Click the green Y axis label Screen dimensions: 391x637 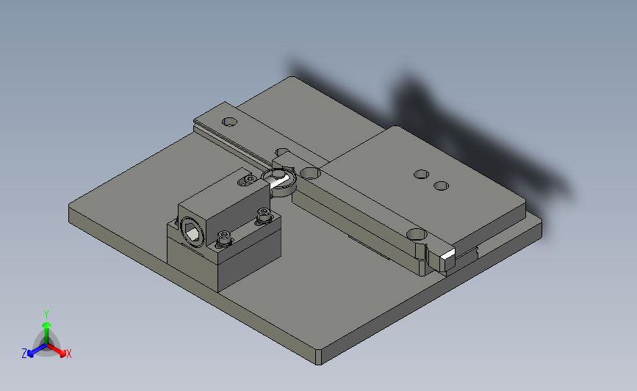(46, 313)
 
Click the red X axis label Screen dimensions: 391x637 (69, 354)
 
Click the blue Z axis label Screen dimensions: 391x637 (24, 354)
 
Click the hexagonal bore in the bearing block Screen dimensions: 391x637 (192, 232)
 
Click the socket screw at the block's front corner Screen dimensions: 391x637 (224, 238)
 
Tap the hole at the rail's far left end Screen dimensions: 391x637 (230, 120)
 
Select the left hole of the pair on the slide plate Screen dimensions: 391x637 (421, 175)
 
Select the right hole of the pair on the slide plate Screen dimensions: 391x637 (441, 186)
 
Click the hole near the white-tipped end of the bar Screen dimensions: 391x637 (417, 234)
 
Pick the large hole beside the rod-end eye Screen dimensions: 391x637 (310, 173)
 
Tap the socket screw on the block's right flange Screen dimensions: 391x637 (263, 215)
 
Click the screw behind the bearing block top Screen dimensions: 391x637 (250, 178)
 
